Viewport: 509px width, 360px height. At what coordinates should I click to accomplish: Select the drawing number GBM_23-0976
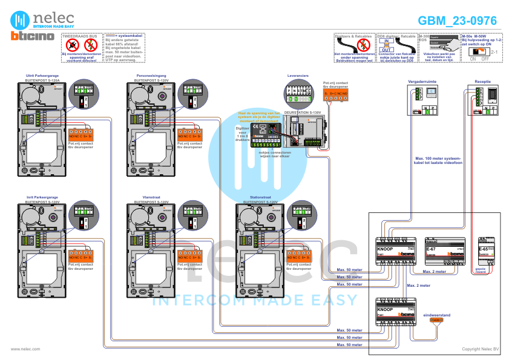pyautogui.click(x=457, y=21)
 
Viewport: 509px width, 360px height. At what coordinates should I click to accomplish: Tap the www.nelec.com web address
pyautogui.click(x=25, y=349)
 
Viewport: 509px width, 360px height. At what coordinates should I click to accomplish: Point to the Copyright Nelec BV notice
pyautogui.click(x=480, y=349)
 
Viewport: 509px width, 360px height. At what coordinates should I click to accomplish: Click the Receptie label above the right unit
pyautogui.click(x=482, y=80)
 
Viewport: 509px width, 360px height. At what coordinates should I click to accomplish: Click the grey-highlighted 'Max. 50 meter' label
pyautogui.click(x=349, y=277)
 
